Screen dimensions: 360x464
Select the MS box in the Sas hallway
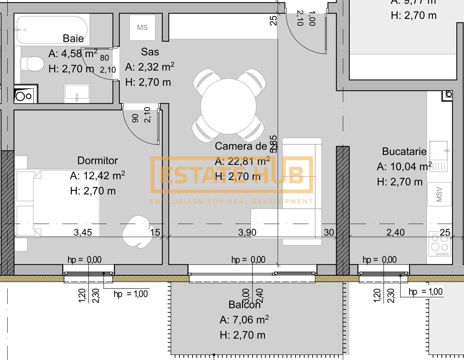coord(142,28)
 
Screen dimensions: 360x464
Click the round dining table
coord(228,106)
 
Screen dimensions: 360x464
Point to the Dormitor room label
coord(98,160)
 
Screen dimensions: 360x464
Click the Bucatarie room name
coord(404,151)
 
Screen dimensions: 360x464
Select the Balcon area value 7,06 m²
coord(244,320)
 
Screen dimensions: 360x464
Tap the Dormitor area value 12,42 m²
coord(98,176)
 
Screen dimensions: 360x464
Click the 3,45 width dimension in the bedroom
coord(83,232)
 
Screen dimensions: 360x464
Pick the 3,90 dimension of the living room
coord(247,232)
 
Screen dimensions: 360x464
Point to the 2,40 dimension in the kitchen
coord(395,232)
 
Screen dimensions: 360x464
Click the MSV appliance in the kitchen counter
coord(439,194)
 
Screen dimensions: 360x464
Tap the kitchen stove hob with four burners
coord(439,244)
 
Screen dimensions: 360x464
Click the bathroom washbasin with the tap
coord(77,93)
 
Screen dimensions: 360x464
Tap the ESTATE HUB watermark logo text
coord(231,175)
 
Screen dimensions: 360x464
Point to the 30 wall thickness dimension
coord(329,232)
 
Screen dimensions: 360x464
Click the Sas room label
coord(150,52)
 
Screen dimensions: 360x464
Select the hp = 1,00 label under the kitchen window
coord(425,292)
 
